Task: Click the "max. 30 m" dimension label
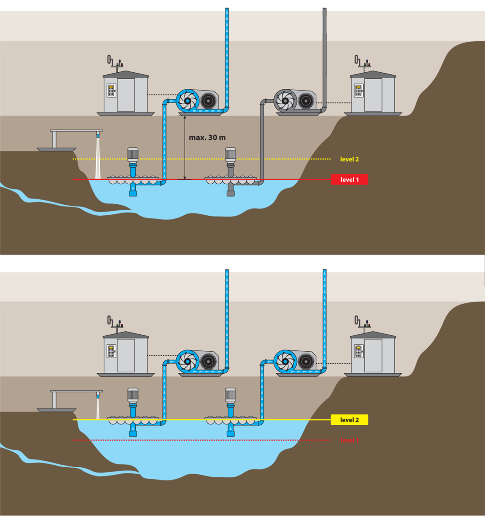207,137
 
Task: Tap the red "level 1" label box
349,179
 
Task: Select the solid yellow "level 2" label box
349,420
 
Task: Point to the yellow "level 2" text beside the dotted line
349,159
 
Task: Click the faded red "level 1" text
349,440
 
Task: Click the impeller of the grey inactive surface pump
285,101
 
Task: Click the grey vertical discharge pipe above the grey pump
324,52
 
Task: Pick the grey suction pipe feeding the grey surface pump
262,140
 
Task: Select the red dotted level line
197,440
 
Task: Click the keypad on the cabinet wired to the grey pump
358,91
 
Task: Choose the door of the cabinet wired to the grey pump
373,95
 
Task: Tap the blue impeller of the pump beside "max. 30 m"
187,101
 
